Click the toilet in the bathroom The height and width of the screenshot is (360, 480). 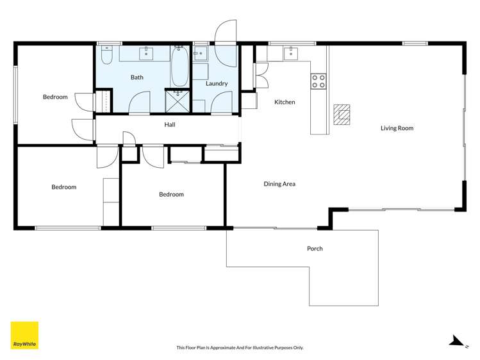pyautogui.click(x=107, y=56)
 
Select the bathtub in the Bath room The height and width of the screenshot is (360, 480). pyautogui.click(x=179, y=66)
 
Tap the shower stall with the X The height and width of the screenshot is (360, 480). pyautogui.click(x=178, y=101)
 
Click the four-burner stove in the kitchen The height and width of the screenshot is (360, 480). pyautogui.click(x=319, y=81)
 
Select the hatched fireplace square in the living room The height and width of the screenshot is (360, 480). pyautogui.click(x=342, y=114)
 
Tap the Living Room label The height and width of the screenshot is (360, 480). pyautogui.click(x=397, y=128)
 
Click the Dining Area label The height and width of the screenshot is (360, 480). pyautogui.click(x=279, y=184)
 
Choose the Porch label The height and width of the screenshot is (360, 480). pyautogui.click(x=315, y=249)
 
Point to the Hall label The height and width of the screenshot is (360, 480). pyautogui.click(x=169, y=125)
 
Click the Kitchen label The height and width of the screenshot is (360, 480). pyautogui.click(x=285, y=102)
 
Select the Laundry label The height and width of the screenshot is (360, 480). pyautogui.click(x=217, y=83)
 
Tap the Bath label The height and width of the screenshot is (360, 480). pyautogui.click(x=137, y=78)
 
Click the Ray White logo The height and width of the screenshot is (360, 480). pyautogui.click(x=24, y=335)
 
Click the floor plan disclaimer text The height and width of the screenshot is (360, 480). pyautogui.click(x=240, y=348)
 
